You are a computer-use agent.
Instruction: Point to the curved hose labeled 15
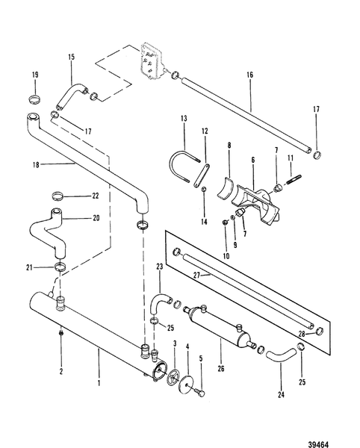[71, 96]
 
